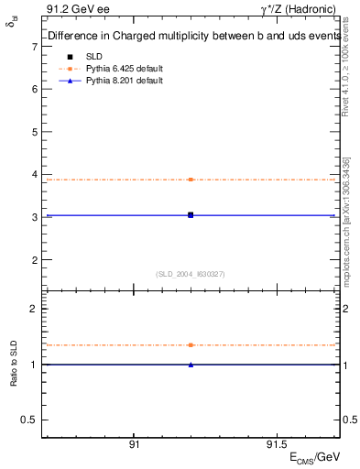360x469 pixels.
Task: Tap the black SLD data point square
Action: click(191, 214)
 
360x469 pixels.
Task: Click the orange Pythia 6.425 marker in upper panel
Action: click(191, 180)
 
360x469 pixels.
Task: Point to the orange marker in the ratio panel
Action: click(191, 345)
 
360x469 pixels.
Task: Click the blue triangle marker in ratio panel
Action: click(191, 365)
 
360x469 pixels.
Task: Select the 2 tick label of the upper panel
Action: click(34, 259)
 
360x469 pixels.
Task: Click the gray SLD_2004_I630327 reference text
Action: click(191, 274)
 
